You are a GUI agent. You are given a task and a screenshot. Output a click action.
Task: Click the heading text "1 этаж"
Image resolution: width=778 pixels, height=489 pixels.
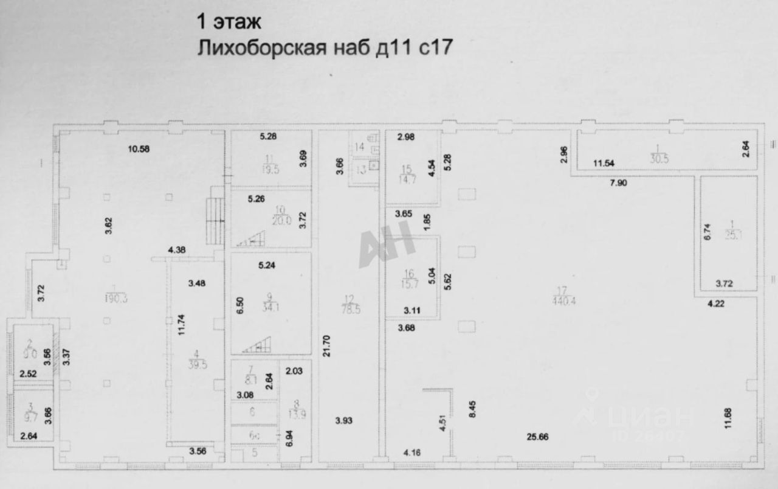[227, 23]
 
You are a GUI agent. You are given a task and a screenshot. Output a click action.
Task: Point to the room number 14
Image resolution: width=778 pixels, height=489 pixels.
[359, 147]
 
